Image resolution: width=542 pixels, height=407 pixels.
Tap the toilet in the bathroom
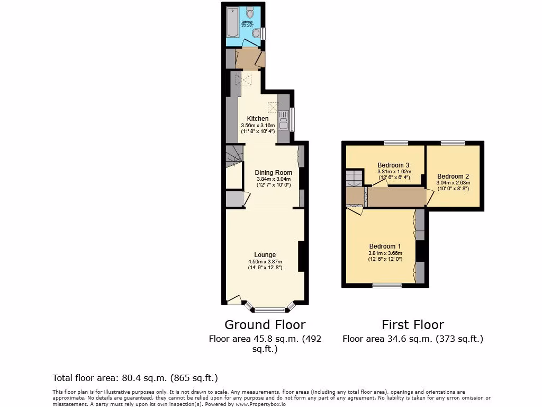pyautogui.click(x=250, y=13)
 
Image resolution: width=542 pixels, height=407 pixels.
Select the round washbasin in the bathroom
pyautogui.click(x=256, y=33)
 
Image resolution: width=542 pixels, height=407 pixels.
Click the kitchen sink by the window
pyautogui.click(x=283, y=119)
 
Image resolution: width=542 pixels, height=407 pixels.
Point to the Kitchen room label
pyautogui.click(x=257, y=118)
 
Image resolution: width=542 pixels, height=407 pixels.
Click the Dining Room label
pyautogui.click(x=273, y=173)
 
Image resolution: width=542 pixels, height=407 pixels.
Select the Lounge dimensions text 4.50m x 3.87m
pyautogui.click(x=265, y=262)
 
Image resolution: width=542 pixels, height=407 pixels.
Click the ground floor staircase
pyautogui.click(x=233, y=156)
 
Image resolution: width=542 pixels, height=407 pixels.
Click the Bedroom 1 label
pyautogui.click(x=385, y=246)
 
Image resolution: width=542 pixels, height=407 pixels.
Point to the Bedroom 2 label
pyautogui.click(x=453, y=176)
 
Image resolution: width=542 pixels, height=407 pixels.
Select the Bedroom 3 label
pyautogui.click(x=393, y=165)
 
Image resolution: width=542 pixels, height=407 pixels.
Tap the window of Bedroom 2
pyautogui.click(x=453, y=143)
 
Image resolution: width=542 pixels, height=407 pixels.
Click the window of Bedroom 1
pyautogui.click(x=387, y=286)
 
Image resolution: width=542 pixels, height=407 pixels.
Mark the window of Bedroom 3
pyautogui.click(x=396, y=143)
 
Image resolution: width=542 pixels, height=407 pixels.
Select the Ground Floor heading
pyautogui.click(x=265, y=324)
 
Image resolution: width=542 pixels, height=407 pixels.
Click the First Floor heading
pyautogui.click(x=413, y=324)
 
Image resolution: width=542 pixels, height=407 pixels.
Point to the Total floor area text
pyautogui.click(x=135, y=378)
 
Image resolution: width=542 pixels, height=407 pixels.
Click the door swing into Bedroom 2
pyautogui.click(x=430, y=197)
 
